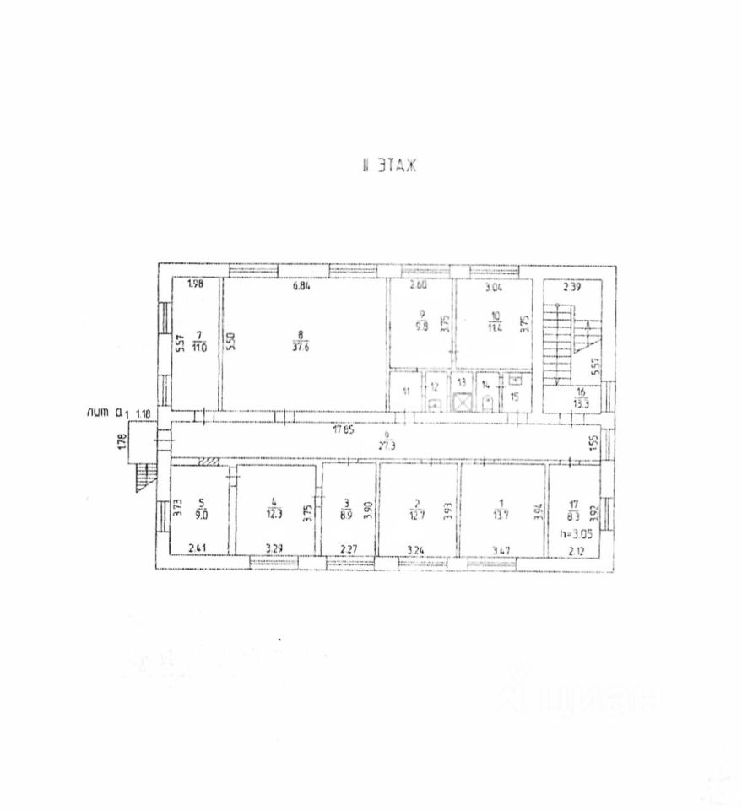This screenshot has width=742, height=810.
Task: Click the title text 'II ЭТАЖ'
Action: click(x=388, y=166)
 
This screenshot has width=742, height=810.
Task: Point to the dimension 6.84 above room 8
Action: click(x=301, y=285)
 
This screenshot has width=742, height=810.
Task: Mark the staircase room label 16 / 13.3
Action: click(x=581, y=398)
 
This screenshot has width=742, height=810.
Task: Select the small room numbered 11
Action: click(x=406, y=392)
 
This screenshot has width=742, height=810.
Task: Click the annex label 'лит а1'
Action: click(x=107, y=413)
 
